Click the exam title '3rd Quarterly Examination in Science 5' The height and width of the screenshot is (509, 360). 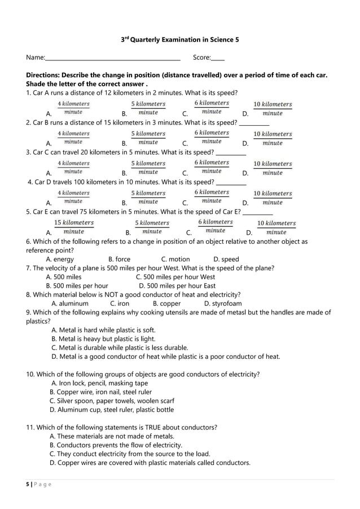click(x=180, y=40)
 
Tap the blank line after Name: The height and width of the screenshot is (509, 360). click(x=112, y=58)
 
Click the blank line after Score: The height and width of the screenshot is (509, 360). click(x=217, y=58)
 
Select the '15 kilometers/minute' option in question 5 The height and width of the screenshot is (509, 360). click(x=74, y=227)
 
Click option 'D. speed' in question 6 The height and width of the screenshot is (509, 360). click(x=226, y=260)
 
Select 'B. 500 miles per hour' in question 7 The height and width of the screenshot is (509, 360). click(x=77, y=286)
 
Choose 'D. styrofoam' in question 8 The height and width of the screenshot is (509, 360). click(x=223, y=304)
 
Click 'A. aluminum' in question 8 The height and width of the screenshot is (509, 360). click(x=70, y=304)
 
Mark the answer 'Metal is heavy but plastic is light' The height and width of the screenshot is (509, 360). click(x=103, y=339)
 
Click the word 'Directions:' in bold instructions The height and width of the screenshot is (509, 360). click(x=43, y=75)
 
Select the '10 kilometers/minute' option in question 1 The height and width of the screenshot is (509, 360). click(x=273, y=109)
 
